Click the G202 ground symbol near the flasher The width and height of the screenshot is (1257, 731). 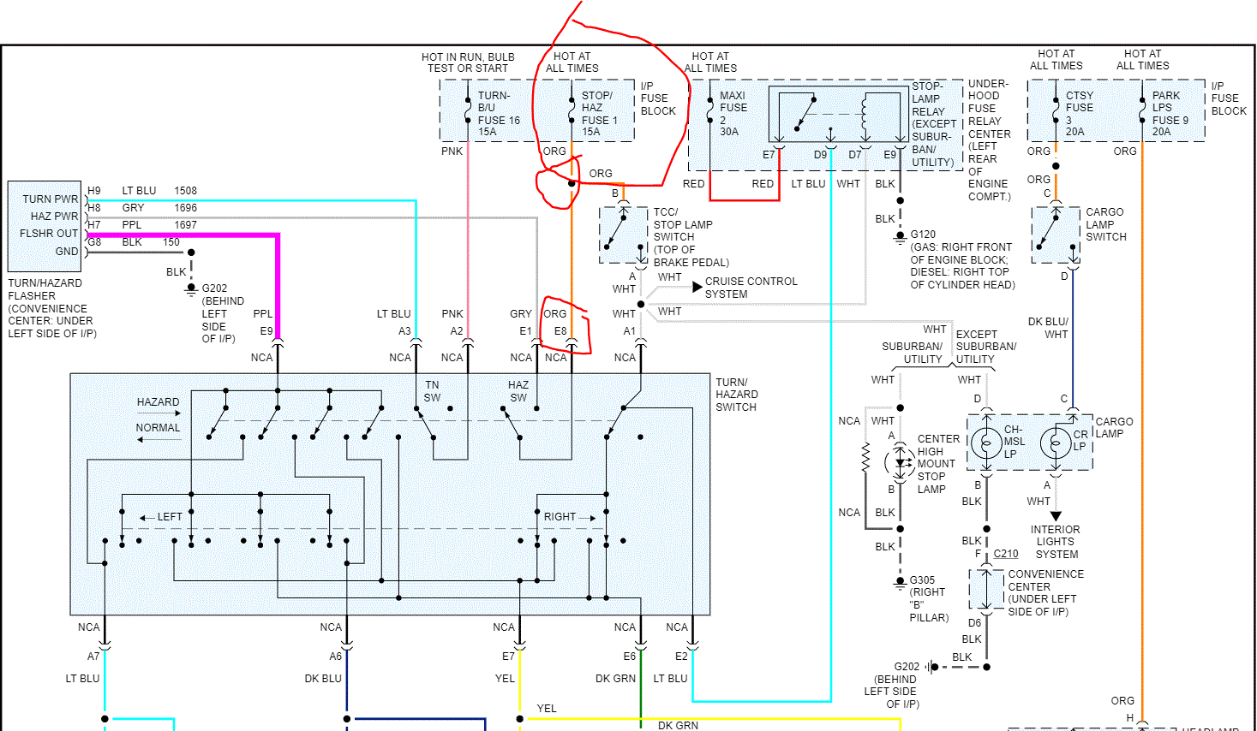click(x=191, y=289)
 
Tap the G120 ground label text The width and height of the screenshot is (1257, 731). click(x=923, y=234)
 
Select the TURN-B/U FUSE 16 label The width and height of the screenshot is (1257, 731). click(x=498, y=113)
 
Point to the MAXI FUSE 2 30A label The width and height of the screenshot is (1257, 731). click(x=733, y=113)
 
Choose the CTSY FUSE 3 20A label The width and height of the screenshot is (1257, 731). click(x=1079, y=113)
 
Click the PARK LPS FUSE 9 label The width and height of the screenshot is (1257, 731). click(x=1170, y=113)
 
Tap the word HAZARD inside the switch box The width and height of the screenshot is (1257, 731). click(x=158, y=401)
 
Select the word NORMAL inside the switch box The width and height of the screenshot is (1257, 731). click(x=158, y=427)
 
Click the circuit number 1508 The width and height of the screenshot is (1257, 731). click(x=185, y=191)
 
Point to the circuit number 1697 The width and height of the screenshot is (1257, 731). click(x=185, y=225)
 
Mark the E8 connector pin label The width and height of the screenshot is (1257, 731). click(x=560, y=331)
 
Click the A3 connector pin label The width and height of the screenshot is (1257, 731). click(x=404, y=331)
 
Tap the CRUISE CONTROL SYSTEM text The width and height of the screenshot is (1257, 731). click(x=751, y=288)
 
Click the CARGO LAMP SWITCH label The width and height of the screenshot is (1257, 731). click(x=1105, y=224)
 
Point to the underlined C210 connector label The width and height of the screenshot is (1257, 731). click(x=1006, y=554)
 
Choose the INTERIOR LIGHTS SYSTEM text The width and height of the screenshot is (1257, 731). click(x=1056, y=542)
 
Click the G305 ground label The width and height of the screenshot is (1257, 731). click(x=922, y=579)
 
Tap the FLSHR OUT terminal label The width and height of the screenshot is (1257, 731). click(x=49, y=234)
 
